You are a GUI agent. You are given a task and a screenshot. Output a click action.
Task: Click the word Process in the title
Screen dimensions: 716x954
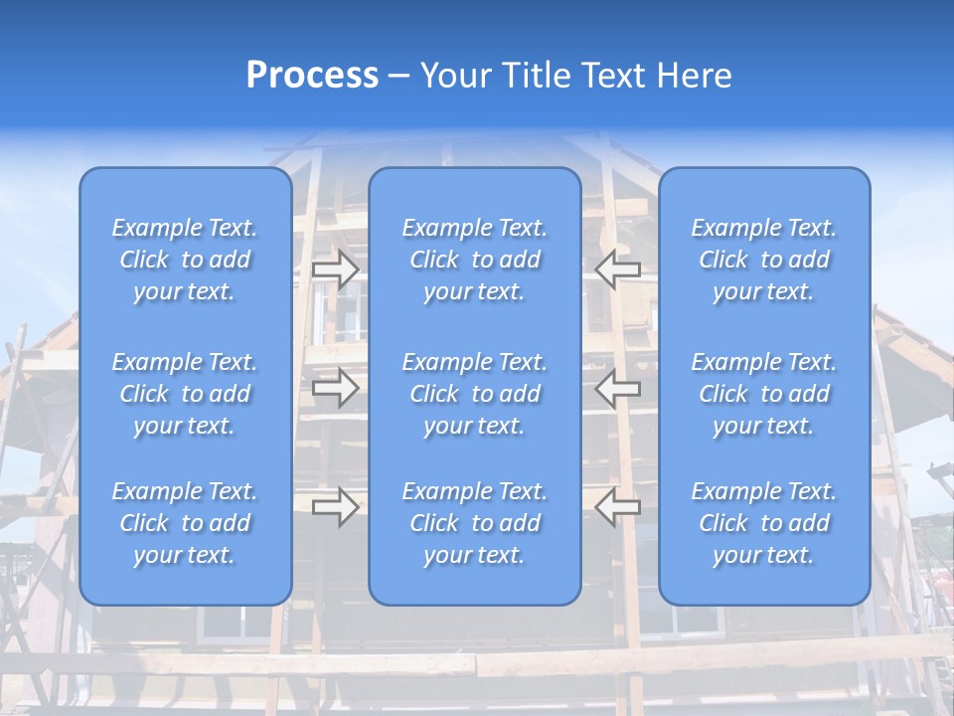312,76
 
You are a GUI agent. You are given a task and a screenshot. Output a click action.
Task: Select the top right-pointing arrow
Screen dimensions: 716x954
336,269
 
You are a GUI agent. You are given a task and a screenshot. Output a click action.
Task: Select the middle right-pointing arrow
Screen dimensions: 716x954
336,388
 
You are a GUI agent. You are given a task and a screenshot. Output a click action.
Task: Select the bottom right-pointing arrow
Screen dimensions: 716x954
336,507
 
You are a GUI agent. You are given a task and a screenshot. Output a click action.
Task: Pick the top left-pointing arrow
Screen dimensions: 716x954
618,269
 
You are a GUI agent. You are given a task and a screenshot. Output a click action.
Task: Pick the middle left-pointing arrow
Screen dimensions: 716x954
618,388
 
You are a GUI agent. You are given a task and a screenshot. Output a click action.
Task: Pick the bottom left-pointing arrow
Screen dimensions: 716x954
618,507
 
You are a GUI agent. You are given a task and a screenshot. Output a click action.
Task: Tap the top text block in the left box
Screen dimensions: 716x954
185,260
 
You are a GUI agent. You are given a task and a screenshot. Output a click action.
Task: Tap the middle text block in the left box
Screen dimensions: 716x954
185,394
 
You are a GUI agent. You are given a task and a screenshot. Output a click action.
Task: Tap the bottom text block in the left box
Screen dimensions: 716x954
185,523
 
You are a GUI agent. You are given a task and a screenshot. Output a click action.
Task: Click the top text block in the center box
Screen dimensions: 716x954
475,260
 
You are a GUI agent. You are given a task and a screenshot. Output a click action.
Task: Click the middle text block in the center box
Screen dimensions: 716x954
475,394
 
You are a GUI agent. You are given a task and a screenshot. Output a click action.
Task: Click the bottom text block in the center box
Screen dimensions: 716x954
475,523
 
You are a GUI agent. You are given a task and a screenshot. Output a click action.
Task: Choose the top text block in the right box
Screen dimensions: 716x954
764,260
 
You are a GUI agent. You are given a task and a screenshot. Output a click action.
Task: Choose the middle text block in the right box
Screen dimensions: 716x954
764,394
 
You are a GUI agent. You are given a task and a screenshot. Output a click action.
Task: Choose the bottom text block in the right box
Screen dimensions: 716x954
764,523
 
